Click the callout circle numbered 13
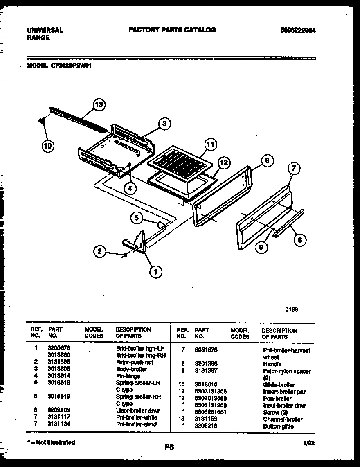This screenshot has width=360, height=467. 98,105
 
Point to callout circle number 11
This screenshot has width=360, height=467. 210,144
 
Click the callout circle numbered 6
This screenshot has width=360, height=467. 266,161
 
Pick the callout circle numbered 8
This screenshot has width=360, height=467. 300,240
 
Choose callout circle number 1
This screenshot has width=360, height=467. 155,271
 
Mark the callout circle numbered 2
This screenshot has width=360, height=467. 99,251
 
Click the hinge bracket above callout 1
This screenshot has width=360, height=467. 137,243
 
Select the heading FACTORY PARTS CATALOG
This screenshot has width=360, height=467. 172,30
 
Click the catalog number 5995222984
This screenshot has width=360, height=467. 298,30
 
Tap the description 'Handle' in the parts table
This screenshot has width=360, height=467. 272,364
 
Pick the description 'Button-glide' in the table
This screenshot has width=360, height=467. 278,426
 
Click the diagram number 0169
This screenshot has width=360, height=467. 291,309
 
